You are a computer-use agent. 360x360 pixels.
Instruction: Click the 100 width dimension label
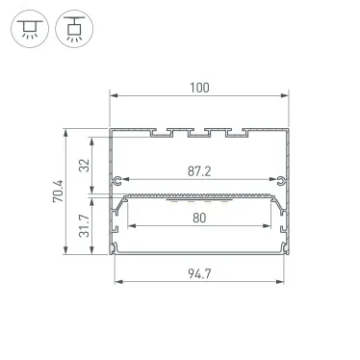point(199,88)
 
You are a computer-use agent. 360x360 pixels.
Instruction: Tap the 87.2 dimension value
point(199,171)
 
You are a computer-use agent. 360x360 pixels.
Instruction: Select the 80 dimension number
point(199,218)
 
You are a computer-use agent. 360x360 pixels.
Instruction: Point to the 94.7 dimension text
point(199,273)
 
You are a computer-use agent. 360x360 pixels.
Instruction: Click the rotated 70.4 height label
point(59,192)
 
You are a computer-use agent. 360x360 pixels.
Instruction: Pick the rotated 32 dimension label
point(85,166)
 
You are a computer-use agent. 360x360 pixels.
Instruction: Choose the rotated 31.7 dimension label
point(85,226)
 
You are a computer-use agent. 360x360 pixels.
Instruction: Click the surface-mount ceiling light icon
point(30,29)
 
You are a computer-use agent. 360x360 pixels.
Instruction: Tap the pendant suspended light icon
point(74,29)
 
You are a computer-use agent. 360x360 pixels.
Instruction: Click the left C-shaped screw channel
point(117,181)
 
